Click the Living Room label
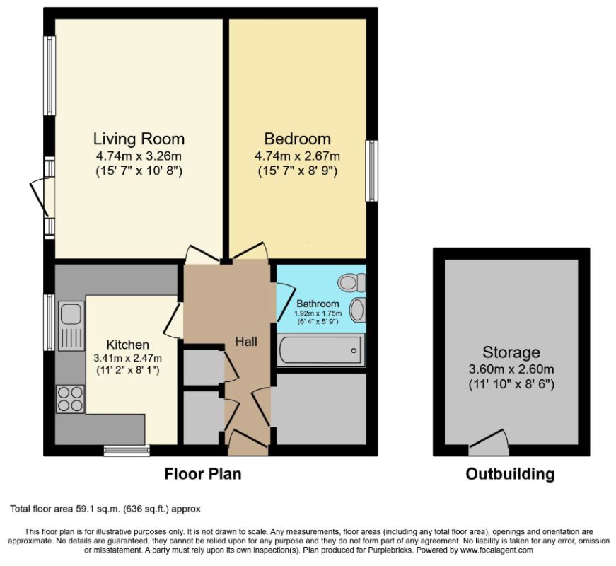(139, 139)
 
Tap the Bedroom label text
(298, 139)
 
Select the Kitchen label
(128, 345)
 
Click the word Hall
(246, 342)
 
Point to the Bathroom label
(318, 304)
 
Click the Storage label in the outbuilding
(511, 352)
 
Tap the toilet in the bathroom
(352, 282)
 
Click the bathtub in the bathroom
(321, 350)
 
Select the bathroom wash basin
(357, 310)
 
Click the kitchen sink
(71, 326)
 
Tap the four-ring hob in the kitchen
(70, 399)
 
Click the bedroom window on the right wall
(371, 171)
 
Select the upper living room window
(50, 76)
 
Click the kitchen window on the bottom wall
(127, 451)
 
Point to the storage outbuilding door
(489, 443)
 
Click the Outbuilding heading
(510, 474)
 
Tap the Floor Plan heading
(203, 474)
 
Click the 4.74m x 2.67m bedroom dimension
(298, 156)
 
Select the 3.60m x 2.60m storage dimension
(511, 369)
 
